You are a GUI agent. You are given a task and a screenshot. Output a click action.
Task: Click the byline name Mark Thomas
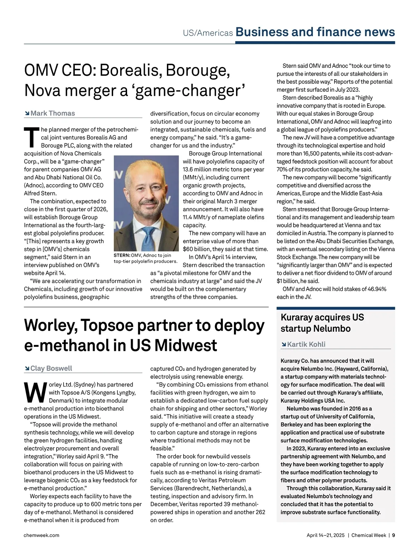pos(53,113)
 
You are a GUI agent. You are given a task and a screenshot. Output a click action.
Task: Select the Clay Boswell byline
pos(51,368)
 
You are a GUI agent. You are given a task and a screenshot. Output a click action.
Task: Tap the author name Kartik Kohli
pos(306,344)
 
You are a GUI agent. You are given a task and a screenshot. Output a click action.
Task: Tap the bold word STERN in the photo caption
pos(122,255)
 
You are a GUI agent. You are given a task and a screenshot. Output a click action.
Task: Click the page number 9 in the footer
pos(394,535)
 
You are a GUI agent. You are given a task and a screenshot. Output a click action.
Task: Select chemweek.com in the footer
pos(42,535)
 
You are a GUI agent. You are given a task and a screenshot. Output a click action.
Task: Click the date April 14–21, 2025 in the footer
pos(325,535)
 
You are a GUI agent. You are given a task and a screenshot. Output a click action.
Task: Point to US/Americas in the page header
pos(208,33)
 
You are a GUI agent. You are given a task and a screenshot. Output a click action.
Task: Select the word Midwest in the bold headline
pos(185,345)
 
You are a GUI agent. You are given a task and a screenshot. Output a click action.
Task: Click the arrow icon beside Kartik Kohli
pos(284,345)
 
